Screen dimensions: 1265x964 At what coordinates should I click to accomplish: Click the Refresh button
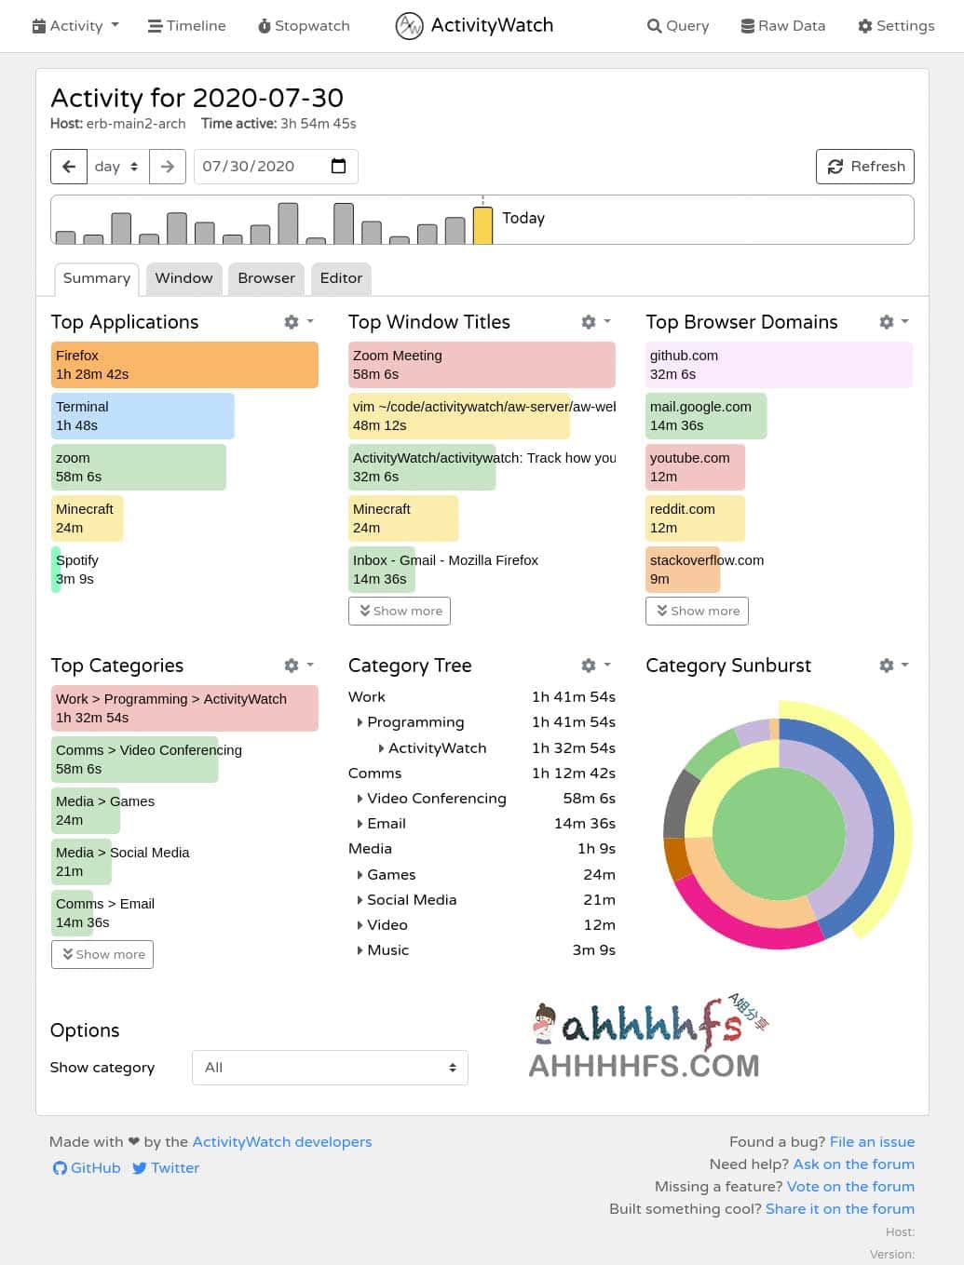click(865, 167)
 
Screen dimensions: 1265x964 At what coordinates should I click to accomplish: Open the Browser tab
click(266, 278)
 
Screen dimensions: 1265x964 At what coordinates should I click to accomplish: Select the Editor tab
click(341, 278)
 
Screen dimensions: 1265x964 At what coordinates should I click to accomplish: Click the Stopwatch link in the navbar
click(304, 26)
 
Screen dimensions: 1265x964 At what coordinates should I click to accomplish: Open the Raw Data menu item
click(782, 26)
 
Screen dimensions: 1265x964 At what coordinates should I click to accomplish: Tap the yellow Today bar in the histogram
click(482, 225)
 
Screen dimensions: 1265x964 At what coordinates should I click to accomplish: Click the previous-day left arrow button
click(69, 167)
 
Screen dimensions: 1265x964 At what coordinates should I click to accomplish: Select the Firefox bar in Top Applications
click(184, 365)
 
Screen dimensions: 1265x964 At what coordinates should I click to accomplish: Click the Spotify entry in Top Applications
click(76, 570)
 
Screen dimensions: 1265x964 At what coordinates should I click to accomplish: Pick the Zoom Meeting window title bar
click(482, 365)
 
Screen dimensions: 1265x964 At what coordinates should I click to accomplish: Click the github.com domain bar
click(779, 365)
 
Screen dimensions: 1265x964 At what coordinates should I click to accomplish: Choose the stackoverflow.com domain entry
click(706, 570)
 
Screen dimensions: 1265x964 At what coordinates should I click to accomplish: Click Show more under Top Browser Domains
click(697, 612)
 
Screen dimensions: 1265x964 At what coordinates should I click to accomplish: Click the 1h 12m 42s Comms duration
click(573, 774)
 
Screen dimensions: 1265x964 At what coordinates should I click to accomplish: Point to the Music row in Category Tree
click(387, 950)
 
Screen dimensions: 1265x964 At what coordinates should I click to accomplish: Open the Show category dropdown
click(330, 1068)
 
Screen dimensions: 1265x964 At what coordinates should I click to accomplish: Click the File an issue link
click(872, 1142)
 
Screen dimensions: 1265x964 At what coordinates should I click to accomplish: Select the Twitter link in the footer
click(166, 1168)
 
